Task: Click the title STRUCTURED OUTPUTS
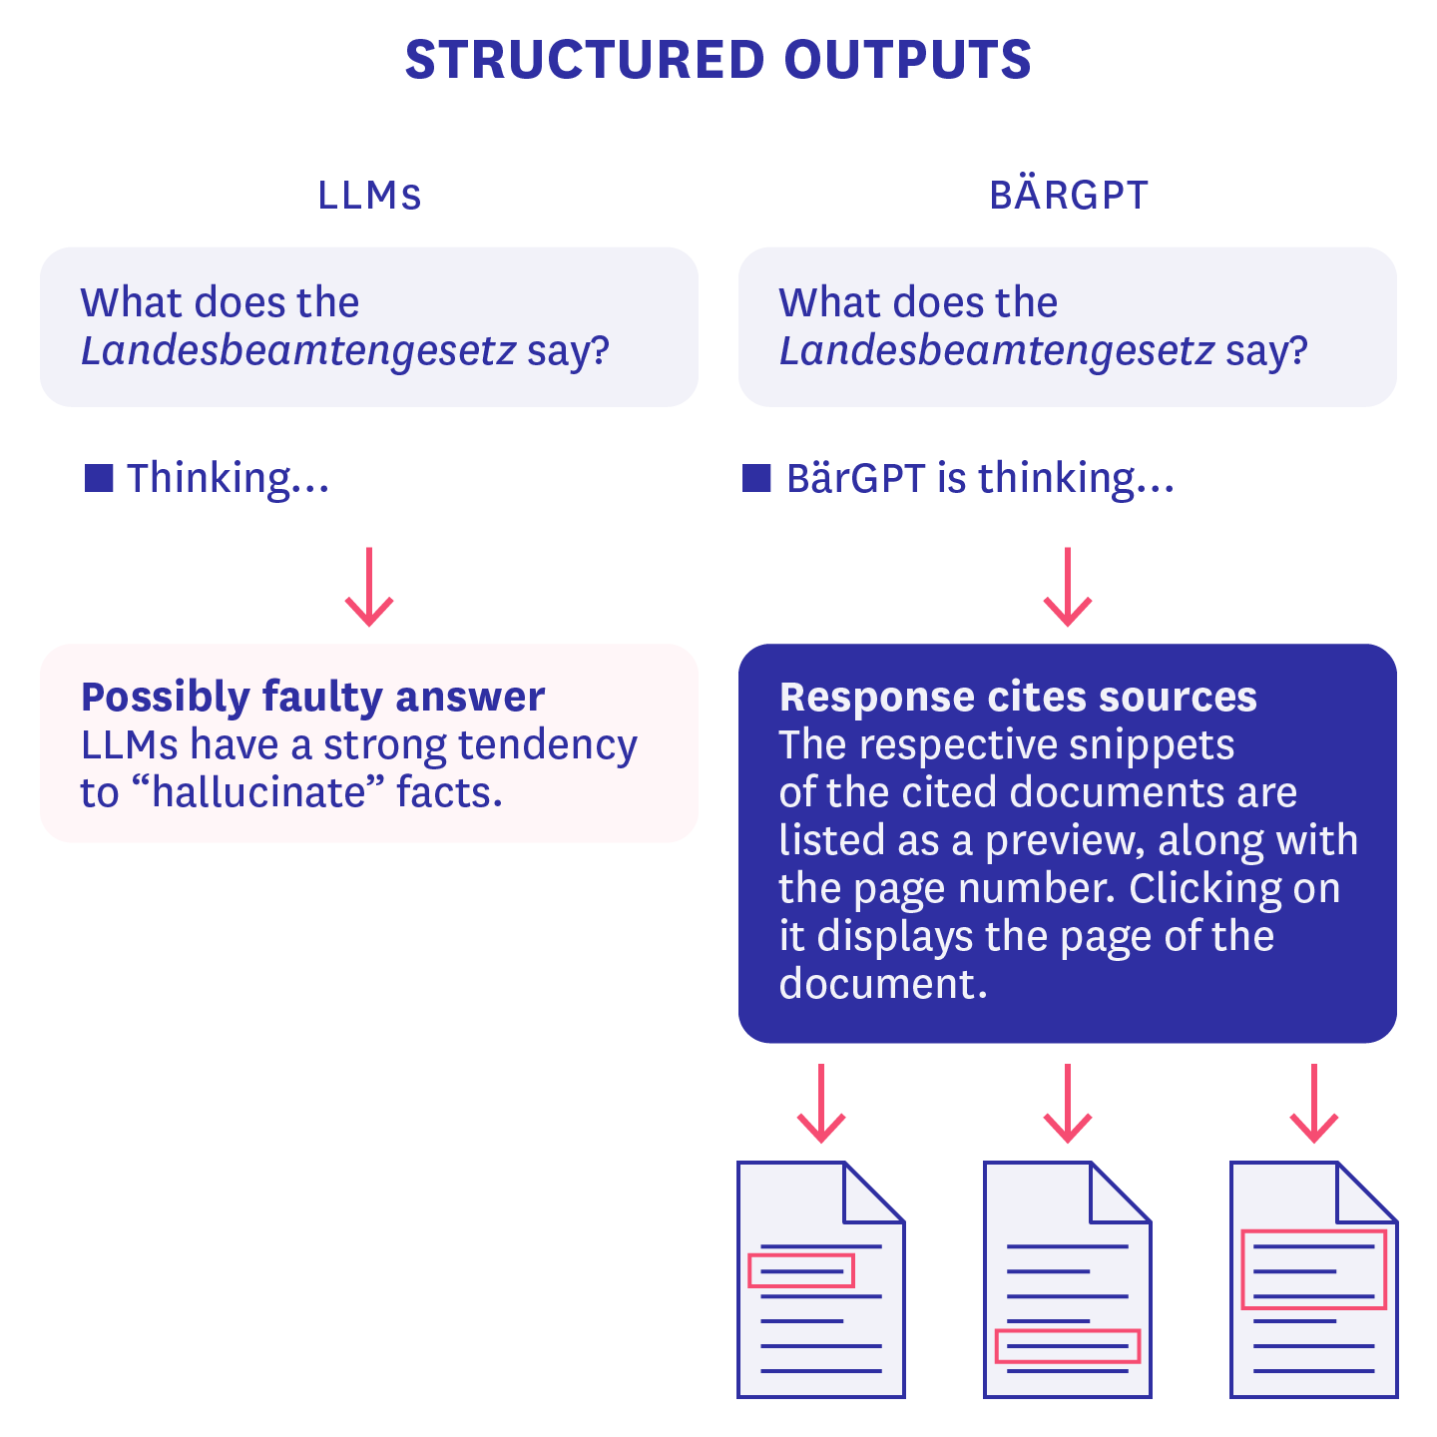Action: [x=718, y=60]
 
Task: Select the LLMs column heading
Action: [x=369, y=196]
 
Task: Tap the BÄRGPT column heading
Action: [x=1069, y=196]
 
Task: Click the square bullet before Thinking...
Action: [x=99, y=478]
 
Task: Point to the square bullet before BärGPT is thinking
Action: [x=757, y=478]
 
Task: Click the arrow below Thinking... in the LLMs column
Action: [x=369, y=588]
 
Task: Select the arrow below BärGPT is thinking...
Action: [x=1068, y=588]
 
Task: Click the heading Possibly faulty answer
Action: [x=312, y=697]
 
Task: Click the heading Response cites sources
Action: [x=1018, y=697]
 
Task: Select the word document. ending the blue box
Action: [x=882, y=984]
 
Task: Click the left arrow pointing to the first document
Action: [x=821, y=1105]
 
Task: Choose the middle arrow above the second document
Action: [x=1068, y=1105]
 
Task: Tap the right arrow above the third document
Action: [x=1314, y=1105]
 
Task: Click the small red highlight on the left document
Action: [x=801, y=1270]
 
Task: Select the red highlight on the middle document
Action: [x=1067, y=1346]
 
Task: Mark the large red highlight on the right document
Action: [x=1313, y=1269]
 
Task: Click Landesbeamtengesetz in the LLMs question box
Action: [x=298, y=351]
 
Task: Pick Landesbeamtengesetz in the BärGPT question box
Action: [x=997, y=351]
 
